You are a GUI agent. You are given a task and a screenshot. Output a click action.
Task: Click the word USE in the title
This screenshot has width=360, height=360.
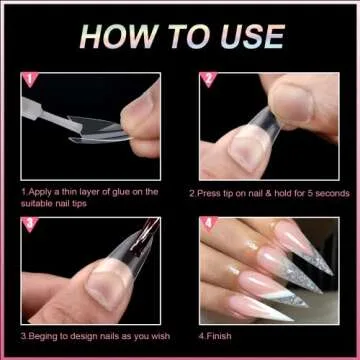(248, 37)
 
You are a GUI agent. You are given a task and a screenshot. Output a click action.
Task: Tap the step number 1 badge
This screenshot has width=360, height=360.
(28, 78)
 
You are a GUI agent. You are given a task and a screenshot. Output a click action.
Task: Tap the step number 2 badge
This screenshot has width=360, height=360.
(209, 79)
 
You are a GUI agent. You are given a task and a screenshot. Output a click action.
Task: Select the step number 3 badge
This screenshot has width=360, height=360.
(28, 224)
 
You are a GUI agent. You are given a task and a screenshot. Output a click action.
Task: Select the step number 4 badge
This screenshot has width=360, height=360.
(209, 224)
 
